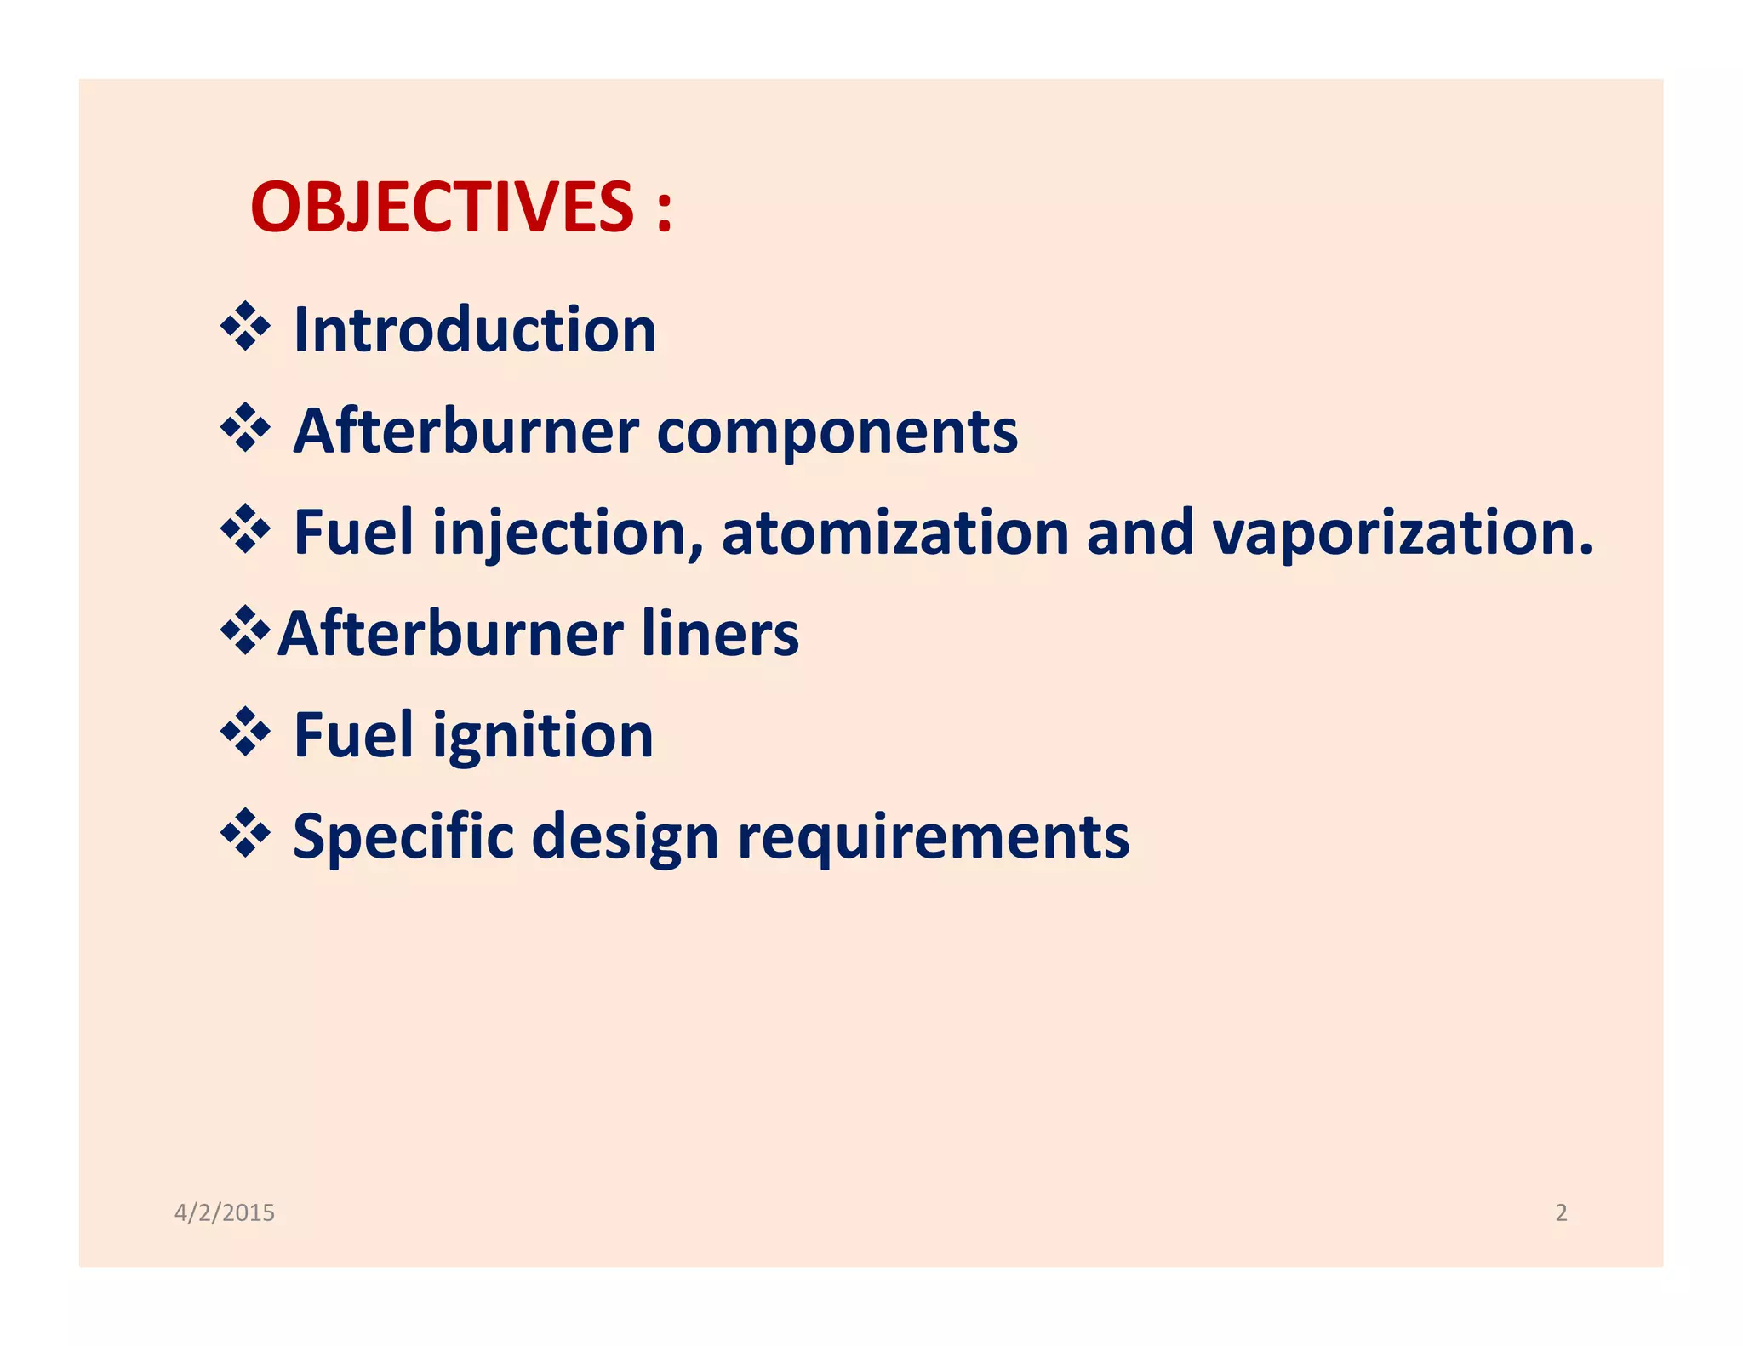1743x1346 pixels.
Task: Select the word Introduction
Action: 474,330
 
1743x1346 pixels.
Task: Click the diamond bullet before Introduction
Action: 245,327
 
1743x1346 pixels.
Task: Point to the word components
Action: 837,431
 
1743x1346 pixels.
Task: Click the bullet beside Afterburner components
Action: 245,428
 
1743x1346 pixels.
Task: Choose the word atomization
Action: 894,533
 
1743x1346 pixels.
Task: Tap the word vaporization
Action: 1401,533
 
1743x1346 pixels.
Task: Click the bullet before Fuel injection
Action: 245,529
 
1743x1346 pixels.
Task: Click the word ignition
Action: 542,736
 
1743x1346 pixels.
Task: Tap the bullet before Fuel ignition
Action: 245,732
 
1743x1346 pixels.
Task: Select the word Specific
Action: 403,837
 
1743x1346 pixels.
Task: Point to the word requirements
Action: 933,837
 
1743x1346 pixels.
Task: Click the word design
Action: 625,837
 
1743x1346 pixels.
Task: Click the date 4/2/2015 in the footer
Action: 225,1212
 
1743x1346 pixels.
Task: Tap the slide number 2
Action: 1561,1212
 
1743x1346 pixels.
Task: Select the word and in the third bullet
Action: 1140,533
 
